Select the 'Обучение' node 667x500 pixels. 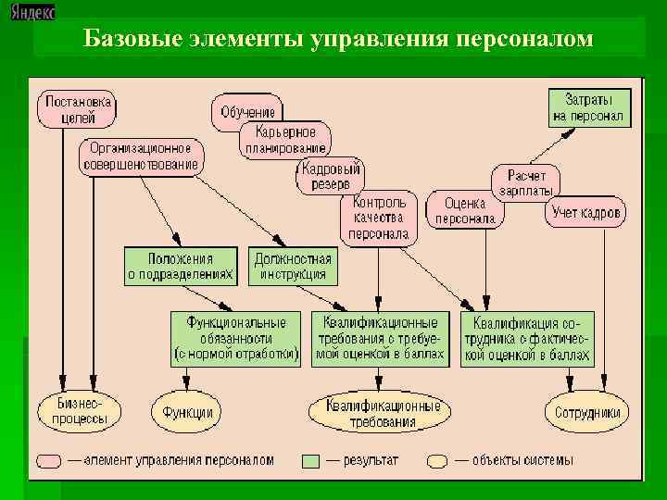point(247,112)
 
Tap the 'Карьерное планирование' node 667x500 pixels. point(285,139)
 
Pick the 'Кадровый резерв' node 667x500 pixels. point(332,175)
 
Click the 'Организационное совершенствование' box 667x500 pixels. point(141,156)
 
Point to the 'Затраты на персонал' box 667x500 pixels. point(589,107)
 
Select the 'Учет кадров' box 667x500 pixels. point(587,213)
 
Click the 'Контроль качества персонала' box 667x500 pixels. point(380,219)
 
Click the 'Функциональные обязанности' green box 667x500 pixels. point(237,338)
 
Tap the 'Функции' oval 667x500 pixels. point(187,413)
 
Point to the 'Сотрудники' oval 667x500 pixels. point(587,413)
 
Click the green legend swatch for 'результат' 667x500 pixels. point(310,460)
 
